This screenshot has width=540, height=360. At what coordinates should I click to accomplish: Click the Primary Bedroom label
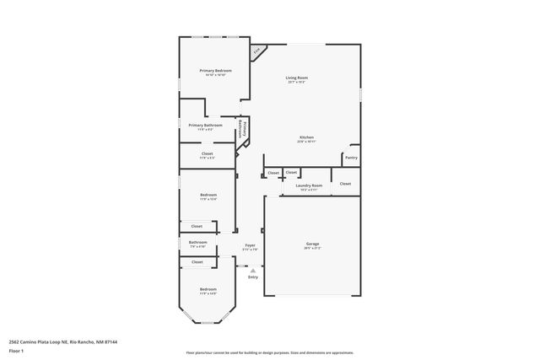(215, 72)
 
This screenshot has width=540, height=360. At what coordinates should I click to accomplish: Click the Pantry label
(351, 158)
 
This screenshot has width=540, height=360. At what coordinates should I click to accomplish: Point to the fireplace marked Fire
(257, 52)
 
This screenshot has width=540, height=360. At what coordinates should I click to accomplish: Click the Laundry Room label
(308, 186)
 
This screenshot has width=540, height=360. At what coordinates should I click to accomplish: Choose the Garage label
(312, 244)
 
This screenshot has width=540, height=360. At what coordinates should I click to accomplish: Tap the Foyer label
(250, 246)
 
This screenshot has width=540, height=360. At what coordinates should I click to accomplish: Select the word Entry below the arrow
(252, 277)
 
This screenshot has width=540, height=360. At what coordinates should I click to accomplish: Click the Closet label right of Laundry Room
(345, 183)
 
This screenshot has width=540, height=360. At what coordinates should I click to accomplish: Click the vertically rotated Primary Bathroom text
(242, 129)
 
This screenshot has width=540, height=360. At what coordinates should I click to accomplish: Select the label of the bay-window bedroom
(208, 291)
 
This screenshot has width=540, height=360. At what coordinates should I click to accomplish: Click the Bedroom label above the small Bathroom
(208, 197)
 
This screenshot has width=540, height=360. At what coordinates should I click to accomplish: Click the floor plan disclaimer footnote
(269, 353)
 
